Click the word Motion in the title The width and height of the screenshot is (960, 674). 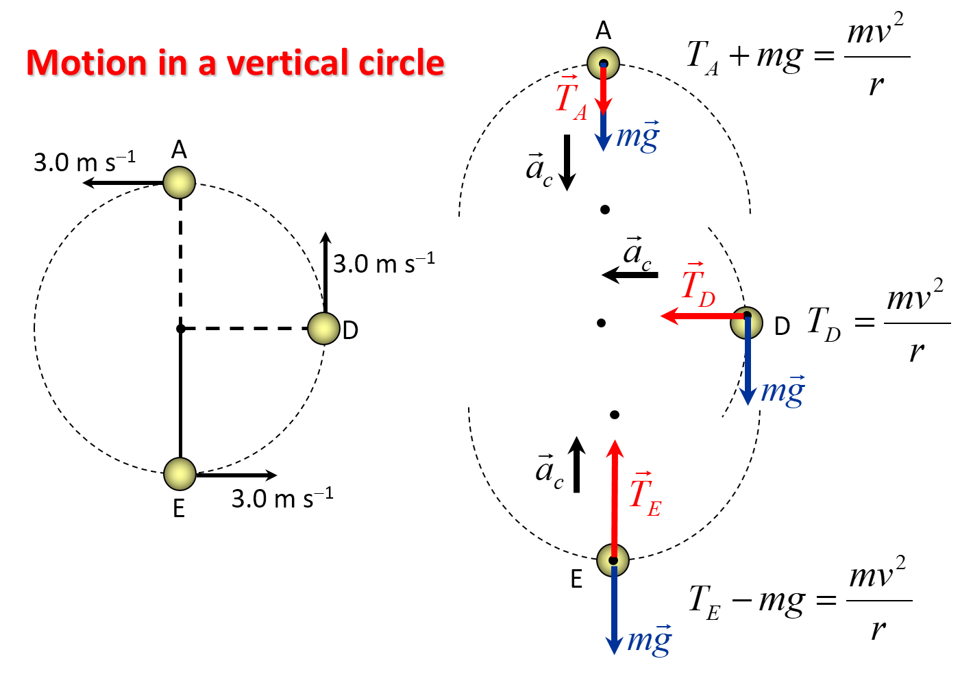[87, 64]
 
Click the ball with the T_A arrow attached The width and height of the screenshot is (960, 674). [603, 63]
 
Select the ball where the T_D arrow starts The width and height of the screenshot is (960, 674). [747, 323]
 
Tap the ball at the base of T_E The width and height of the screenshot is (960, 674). [613, 560]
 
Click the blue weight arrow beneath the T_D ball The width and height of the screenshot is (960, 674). [748, 363]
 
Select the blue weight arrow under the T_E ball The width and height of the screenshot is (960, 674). [614, 610]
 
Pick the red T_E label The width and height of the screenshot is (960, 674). [645, 495]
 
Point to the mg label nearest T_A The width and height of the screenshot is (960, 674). [638, 136]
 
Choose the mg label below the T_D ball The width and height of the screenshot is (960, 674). [783, 390]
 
